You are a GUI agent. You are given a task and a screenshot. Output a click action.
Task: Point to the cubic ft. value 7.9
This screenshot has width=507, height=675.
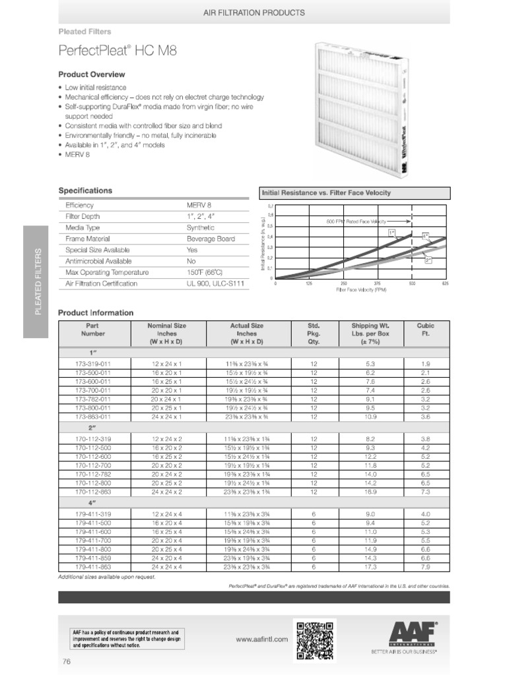point(425,566)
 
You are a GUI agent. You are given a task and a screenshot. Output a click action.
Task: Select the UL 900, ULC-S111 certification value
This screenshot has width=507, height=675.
point(215,283)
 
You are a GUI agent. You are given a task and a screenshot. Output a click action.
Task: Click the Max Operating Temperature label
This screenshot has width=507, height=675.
point(107,272)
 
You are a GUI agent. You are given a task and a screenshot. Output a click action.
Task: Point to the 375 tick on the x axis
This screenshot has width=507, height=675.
point(377,283)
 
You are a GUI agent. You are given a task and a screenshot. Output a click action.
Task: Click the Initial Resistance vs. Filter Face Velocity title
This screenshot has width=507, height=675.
point(327,192)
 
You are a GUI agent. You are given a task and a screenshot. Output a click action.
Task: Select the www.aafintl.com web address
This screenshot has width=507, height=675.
point(262,639)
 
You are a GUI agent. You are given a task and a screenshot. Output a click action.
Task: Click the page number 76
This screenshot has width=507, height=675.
point(66,661)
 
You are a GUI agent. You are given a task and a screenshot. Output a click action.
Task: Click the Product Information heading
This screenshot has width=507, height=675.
point(96,312)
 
